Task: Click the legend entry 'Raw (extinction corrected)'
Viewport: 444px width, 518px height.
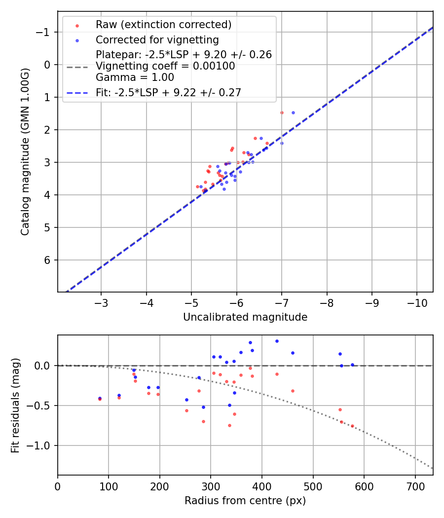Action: [163, 25]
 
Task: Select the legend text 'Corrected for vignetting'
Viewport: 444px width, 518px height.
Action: [157, 39]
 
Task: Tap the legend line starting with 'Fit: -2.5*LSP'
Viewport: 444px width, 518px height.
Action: [168, 92]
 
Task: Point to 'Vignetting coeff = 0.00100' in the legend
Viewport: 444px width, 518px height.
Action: [165, 66]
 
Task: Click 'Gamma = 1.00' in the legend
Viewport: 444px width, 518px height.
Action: [135, 77]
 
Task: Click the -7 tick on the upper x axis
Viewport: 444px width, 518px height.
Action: [281, 302]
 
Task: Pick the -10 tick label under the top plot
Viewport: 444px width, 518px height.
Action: [416, 302]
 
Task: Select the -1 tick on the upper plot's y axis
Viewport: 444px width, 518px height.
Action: [45, 32]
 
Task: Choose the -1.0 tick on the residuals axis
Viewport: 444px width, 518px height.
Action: [40, 445]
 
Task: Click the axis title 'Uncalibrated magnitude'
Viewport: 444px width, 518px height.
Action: [245, 317]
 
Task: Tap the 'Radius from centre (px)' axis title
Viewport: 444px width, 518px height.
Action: [245, 501]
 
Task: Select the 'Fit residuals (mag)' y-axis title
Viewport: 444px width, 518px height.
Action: [15, 405]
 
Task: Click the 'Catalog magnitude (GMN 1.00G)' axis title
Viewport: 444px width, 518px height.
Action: [25, 151]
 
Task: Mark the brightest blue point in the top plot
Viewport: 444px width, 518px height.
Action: [293, 112]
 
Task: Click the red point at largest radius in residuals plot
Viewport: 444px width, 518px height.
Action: [352, 426]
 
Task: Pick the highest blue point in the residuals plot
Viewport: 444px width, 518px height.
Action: [277, 341]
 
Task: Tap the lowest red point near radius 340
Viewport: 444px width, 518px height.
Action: [229, 425]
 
